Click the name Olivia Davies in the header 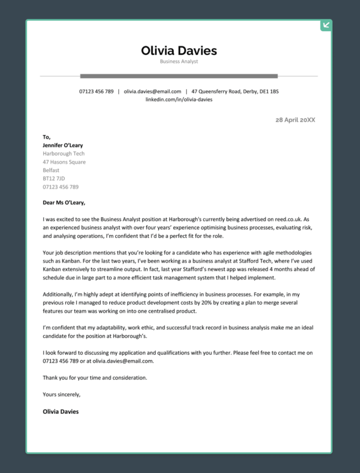179,51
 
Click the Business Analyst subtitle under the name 179,62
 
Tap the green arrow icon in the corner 326,25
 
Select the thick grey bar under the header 179,76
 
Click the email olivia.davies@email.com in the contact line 153,91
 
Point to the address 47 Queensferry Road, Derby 235,91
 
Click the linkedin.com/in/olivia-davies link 179,99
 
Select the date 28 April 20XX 295,120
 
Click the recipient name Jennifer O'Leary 63,145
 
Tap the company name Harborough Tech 63,154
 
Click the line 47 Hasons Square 64,162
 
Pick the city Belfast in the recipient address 51,170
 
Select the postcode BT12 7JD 54,178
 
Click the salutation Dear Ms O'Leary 64,203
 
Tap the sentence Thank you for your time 95,378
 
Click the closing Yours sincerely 62,394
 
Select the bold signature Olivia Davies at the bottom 60,411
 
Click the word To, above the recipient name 46,137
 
